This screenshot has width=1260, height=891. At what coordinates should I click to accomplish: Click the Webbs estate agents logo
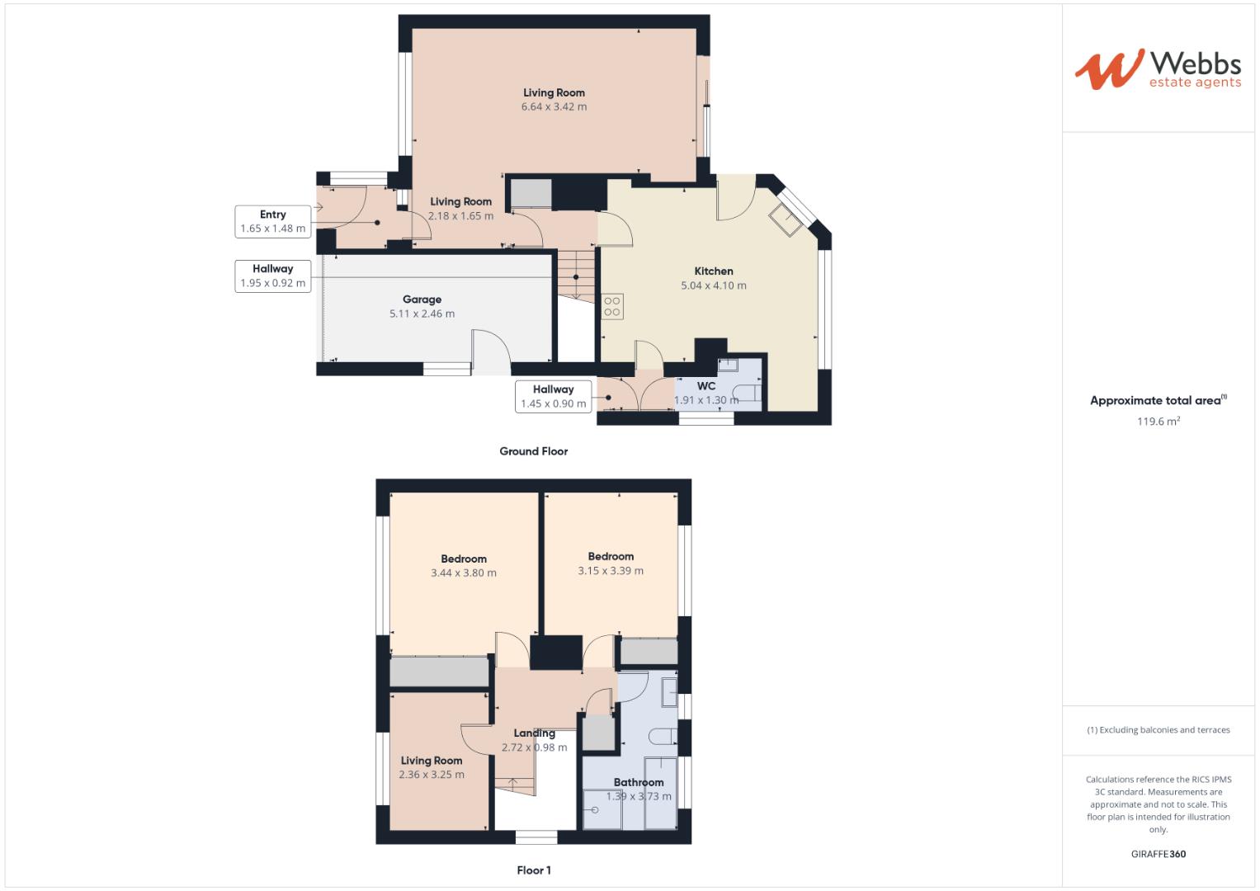(1158, 68)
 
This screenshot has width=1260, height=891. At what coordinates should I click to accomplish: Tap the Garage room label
(422, 299)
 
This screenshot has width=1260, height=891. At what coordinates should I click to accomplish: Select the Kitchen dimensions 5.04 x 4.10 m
(714, 285)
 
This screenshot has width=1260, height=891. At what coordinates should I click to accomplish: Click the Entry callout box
(273, 221)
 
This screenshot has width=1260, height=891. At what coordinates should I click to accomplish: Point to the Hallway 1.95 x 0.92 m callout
(273, 276)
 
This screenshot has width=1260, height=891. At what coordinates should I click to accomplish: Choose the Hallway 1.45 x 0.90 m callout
(553, 396)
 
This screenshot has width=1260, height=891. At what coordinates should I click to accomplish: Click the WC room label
(706, 386)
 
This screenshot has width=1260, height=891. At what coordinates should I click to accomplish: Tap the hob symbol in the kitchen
(612, 307)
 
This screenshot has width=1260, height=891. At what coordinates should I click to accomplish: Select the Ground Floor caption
(534, 451)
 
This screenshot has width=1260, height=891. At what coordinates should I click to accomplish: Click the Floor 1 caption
(534, 870)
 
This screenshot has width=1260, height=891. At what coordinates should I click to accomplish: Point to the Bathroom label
(639, 782)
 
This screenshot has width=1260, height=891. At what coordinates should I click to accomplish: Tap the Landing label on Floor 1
(534, 733)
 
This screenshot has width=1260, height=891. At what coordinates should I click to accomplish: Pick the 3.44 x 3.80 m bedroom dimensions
(464, 573)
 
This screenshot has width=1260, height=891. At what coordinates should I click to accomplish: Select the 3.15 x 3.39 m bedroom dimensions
(611, 570)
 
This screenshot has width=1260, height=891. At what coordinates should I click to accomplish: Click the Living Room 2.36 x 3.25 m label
(432, 767)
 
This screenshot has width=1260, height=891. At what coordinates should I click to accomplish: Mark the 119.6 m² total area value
(1158, 422)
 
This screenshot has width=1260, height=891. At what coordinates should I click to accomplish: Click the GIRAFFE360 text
(1158, 854)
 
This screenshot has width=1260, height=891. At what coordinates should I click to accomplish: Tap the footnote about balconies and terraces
(1158, 730)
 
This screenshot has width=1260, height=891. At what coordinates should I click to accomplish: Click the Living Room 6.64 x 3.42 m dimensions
(554, 106)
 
